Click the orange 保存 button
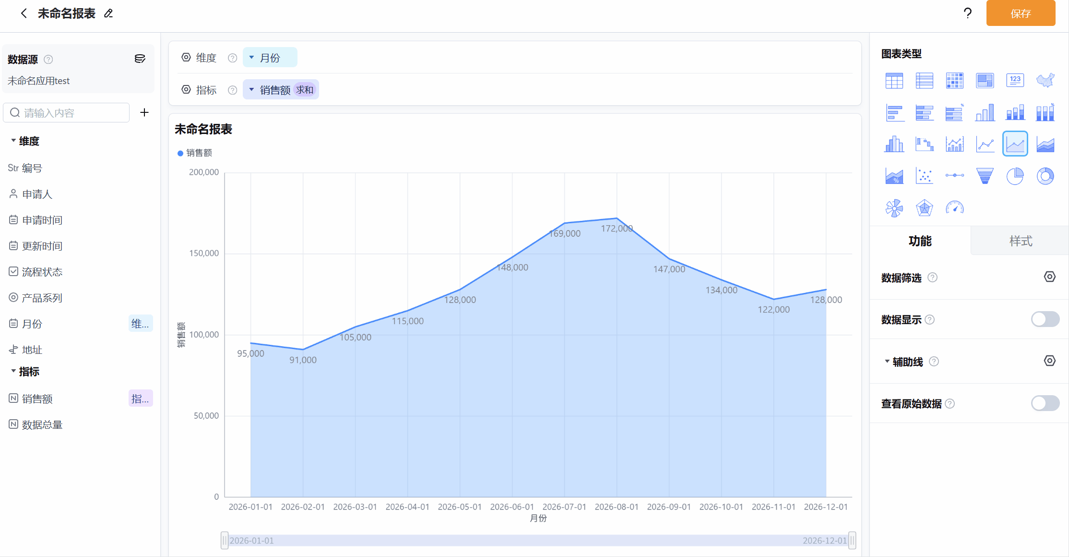click(1021, 13)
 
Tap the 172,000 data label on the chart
click(617, 229)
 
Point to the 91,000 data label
click(303, 360)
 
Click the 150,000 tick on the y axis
click(204, 253)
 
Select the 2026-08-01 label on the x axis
click(617, 507)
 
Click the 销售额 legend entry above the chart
click(195, 153)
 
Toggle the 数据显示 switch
click(1045, 319)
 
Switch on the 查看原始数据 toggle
click(1045, 403)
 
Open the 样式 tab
click(1021, 241)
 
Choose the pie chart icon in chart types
click(1015, 176)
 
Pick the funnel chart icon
click(985, 176)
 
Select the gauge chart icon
click(955, 208)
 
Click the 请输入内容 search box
click(67, 113)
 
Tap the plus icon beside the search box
click(144, 112)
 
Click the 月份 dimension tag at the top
click(270, 58)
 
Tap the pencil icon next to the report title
click(108, 13)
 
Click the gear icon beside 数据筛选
click(1050, 277)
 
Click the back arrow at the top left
click(24, 13)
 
